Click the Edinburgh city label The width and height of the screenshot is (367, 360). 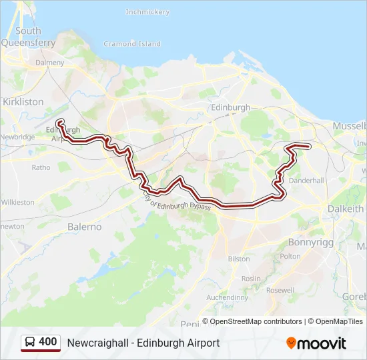[230, 107]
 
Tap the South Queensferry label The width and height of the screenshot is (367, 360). [28, 36]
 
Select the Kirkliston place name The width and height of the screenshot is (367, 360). [23, 102]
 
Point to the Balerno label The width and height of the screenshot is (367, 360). [85, 227]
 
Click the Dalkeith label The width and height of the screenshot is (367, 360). [346, 209]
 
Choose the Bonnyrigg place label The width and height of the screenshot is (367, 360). [310, 242]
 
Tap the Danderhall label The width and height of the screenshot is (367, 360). [306, 181]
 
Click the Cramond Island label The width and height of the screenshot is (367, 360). [132, 44]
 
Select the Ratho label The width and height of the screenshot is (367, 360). [41, 167]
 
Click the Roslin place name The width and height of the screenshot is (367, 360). [251, 278]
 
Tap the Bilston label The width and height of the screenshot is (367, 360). [239, 259]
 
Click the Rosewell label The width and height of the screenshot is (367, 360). [280, 290]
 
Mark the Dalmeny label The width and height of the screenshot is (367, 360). [50, 62]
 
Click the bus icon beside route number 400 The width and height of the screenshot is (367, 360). [31, 342]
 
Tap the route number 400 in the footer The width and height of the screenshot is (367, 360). [47, 342]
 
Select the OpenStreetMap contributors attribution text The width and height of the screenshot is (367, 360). [252, 321]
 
